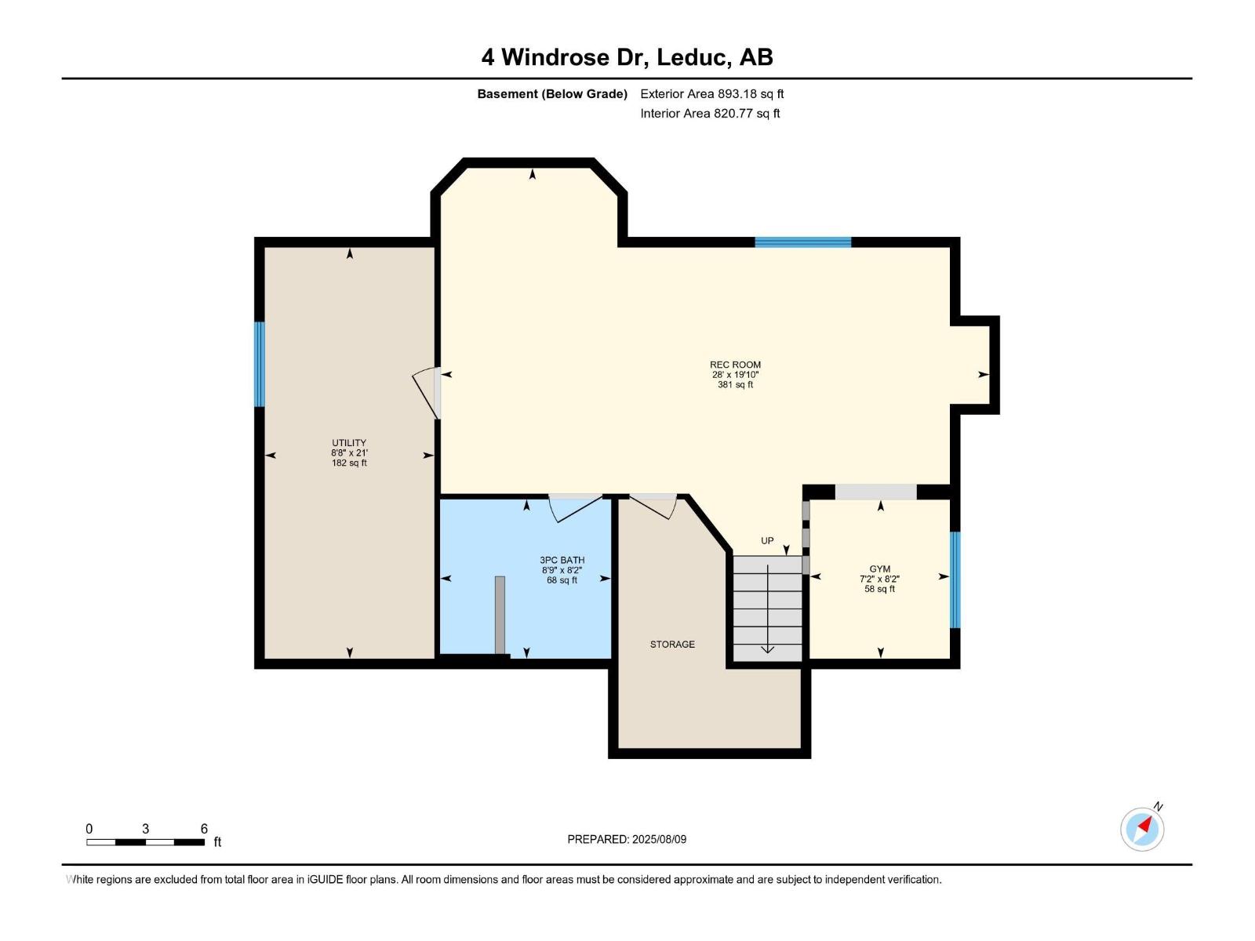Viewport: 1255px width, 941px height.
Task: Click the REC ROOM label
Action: (x=735, y=365)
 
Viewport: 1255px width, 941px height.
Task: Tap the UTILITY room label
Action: (x=349, y=443)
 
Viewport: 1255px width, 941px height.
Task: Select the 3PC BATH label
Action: (x=562, y=560)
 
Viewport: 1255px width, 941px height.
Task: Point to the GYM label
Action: (x=879, y=569)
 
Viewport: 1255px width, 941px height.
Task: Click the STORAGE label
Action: (x=672, y=645)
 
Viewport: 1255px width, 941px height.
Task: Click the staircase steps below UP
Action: (x=767, y=608)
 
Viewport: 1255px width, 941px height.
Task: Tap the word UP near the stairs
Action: (x=767, y=541)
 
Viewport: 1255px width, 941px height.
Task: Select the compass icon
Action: (x=1142, y=829)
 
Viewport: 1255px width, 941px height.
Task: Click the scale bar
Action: (x=146, y=842)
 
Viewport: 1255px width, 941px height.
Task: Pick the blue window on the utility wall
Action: (x=259, y=364)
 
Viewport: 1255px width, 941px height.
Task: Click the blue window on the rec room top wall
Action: (x=802, y=242)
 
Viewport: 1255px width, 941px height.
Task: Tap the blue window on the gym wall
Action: (x=955, y=579)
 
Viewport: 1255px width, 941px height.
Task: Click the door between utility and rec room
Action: (x=428, y=392)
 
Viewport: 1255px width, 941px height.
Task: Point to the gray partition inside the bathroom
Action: (x=500, y=615)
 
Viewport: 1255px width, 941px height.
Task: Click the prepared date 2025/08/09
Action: (x=659, y=839)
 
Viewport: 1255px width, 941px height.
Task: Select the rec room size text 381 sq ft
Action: (x=735, y=385)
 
